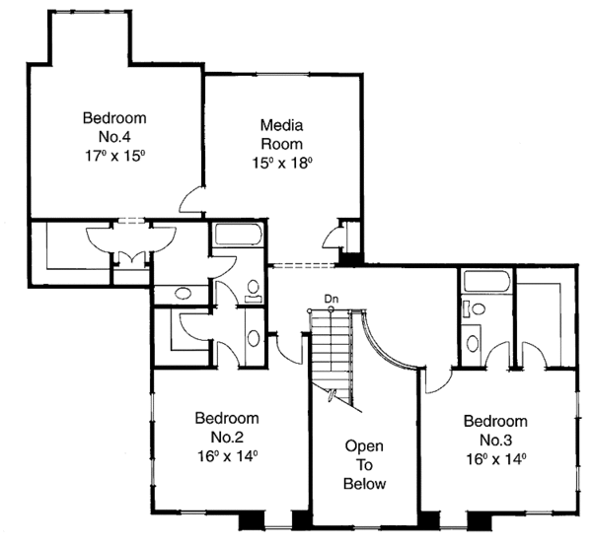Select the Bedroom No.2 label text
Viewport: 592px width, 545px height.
click(x=226, y=427)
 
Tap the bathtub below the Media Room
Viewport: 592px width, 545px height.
click(x=236, y=236)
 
